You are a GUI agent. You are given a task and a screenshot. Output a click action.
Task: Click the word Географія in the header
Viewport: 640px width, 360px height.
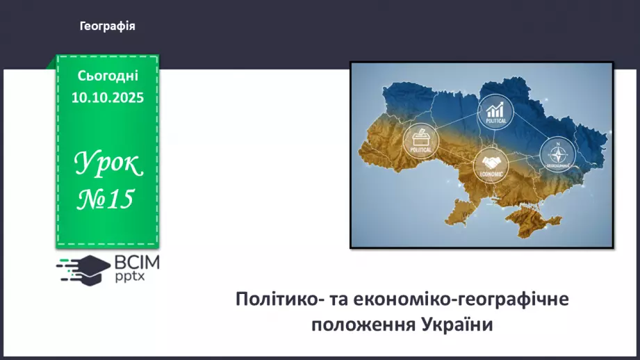click(107, 26)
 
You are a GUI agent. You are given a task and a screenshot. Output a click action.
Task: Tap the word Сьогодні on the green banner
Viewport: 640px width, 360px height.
click(108, 75)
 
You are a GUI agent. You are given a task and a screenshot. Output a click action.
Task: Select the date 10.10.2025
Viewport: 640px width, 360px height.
click(108, 97)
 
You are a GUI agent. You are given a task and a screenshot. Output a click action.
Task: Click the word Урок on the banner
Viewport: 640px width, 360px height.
click(108, 164)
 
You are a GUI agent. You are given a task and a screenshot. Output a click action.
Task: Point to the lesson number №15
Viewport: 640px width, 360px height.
click(106, 199)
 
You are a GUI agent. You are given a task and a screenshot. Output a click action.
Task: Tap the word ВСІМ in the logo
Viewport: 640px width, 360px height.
click(138, 263)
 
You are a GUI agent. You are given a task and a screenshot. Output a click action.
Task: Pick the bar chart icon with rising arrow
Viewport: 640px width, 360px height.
click(495, 109)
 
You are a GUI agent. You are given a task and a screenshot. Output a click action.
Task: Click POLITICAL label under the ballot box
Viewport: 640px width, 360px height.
click(420, 149)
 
